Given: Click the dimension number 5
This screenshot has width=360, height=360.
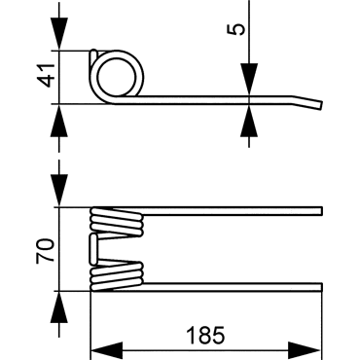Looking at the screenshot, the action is (x=237, y=29).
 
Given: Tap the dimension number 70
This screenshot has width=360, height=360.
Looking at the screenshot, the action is (x=45, y=250).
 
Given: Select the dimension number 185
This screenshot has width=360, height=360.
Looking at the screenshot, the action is (x=205, y=335).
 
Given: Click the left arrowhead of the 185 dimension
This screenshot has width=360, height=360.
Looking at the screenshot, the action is (x=106, y=350).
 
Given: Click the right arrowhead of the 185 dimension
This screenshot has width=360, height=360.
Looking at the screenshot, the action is (x=305, y=350).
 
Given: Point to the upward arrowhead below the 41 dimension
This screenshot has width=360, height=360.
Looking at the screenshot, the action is (x=59, y=121).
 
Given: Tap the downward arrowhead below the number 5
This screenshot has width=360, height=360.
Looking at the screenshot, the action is (x=249, y=80).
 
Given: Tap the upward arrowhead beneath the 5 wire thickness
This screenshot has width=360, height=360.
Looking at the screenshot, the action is (x=249, y=121).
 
